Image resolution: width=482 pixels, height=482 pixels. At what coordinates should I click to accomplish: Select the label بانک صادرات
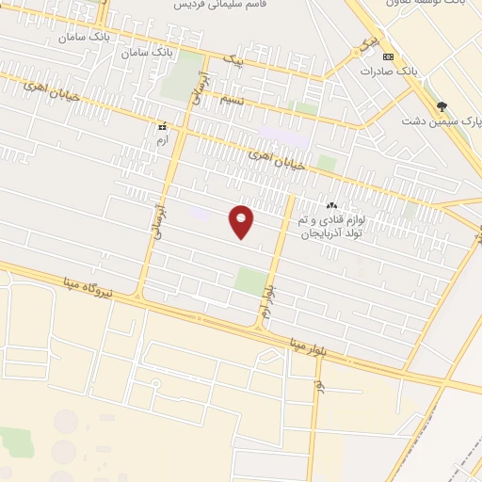tap(388, 72)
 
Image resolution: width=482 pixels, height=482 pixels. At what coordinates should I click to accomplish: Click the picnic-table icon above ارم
tap(163, 126)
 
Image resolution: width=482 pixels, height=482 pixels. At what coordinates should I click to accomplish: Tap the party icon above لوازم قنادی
tap(331, 205)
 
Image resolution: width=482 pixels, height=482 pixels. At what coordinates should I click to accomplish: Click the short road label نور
tap(320, 387)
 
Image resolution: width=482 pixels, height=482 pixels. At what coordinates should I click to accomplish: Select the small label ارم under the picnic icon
tap(161, 139)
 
